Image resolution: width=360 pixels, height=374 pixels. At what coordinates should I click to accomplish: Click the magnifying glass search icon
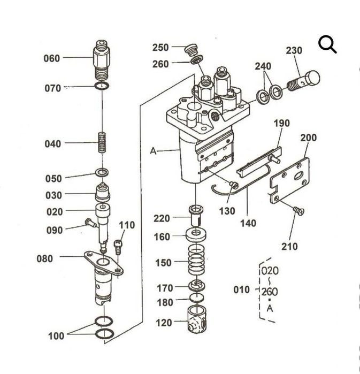pos(327,45)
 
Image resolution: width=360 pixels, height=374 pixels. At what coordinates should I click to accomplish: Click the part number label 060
pos(52,58)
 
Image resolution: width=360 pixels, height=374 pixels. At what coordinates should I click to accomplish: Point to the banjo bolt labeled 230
pos(305,82)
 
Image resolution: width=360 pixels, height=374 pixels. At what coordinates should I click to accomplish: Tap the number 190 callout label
pos(281,124)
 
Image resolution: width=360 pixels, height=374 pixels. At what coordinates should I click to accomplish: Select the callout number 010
pos(242,289)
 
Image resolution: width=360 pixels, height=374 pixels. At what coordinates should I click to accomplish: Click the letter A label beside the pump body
pos(152,151)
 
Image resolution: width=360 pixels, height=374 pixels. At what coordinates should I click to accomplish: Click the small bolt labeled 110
pos(119,246)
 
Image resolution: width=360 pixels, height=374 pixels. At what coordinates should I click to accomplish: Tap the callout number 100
pos(56,336)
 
